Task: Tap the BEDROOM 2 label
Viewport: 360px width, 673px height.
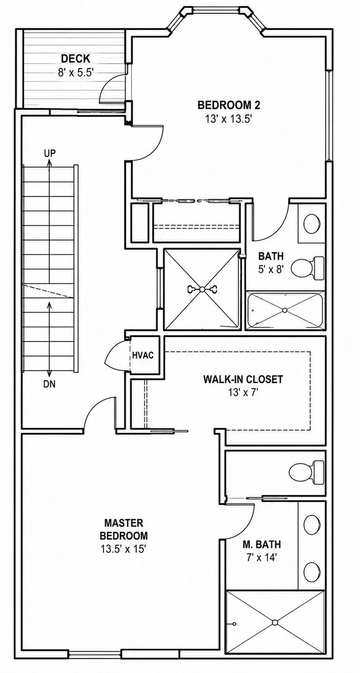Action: (229, 105)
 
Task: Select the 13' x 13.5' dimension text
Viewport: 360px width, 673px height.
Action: (229, 120)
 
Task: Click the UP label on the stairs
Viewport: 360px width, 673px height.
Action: (50, 153)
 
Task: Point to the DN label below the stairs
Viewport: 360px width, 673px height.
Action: (50, 384)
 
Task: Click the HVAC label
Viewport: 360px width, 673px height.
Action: (143, 355)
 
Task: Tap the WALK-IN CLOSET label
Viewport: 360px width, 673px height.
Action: (243, 379)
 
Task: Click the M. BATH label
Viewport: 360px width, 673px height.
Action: (261, 544)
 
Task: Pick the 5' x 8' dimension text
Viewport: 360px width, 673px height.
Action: (271, 269)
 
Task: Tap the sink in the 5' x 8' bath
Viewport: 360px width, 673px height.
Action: (312, 224)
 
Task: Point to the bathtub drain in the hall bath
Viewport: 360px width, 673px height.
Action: (285, 310)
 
